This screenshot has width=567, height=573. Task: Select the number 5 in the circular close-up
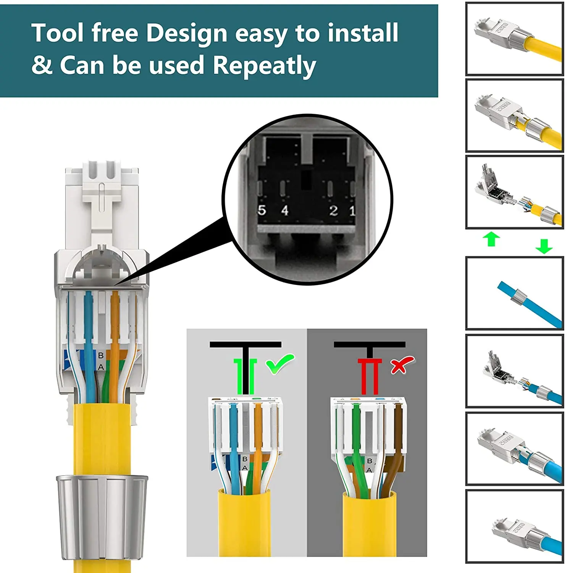pyautogui.click(x=262, y=210)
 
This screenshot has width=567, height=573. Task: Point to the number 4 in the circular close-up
pyautogui.click(x=285, y=210)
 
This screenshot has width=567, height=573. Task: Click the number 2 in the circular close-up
pyautogui.click(x=333, y=210)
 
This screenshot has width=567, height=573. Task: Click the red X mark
pyautogui.click(x=401, y=365)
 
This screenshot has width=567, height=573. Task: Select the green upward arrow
pyautogui.click(x=491, y=239)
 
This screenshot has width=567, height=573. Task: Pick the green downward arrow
pyautogui.click(x=544, y=246)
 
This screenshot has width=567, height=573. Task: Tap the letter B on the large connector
pyautogui.click(x=101, y=355)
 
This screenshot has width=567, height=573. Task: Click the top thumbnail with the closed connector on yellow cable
pyautogui.click(x=514, y=39)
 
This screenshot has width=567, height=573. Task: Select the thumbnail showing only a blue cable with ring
pyautogui.click(x=514, y=293)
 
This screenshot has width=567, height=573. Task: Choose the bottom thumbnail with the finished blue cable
pyautogui.click(x=514, y=526)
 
